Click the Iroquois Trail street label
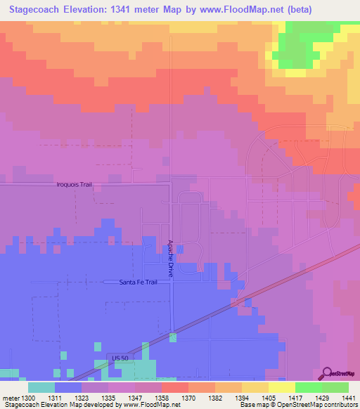pos(75,184)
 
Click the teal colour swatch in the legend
pos(41,387)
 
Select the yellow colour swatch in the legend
pos(282,387)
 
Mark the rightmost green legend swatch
pos(335,387)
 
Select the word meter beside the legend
pos(12,398)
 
